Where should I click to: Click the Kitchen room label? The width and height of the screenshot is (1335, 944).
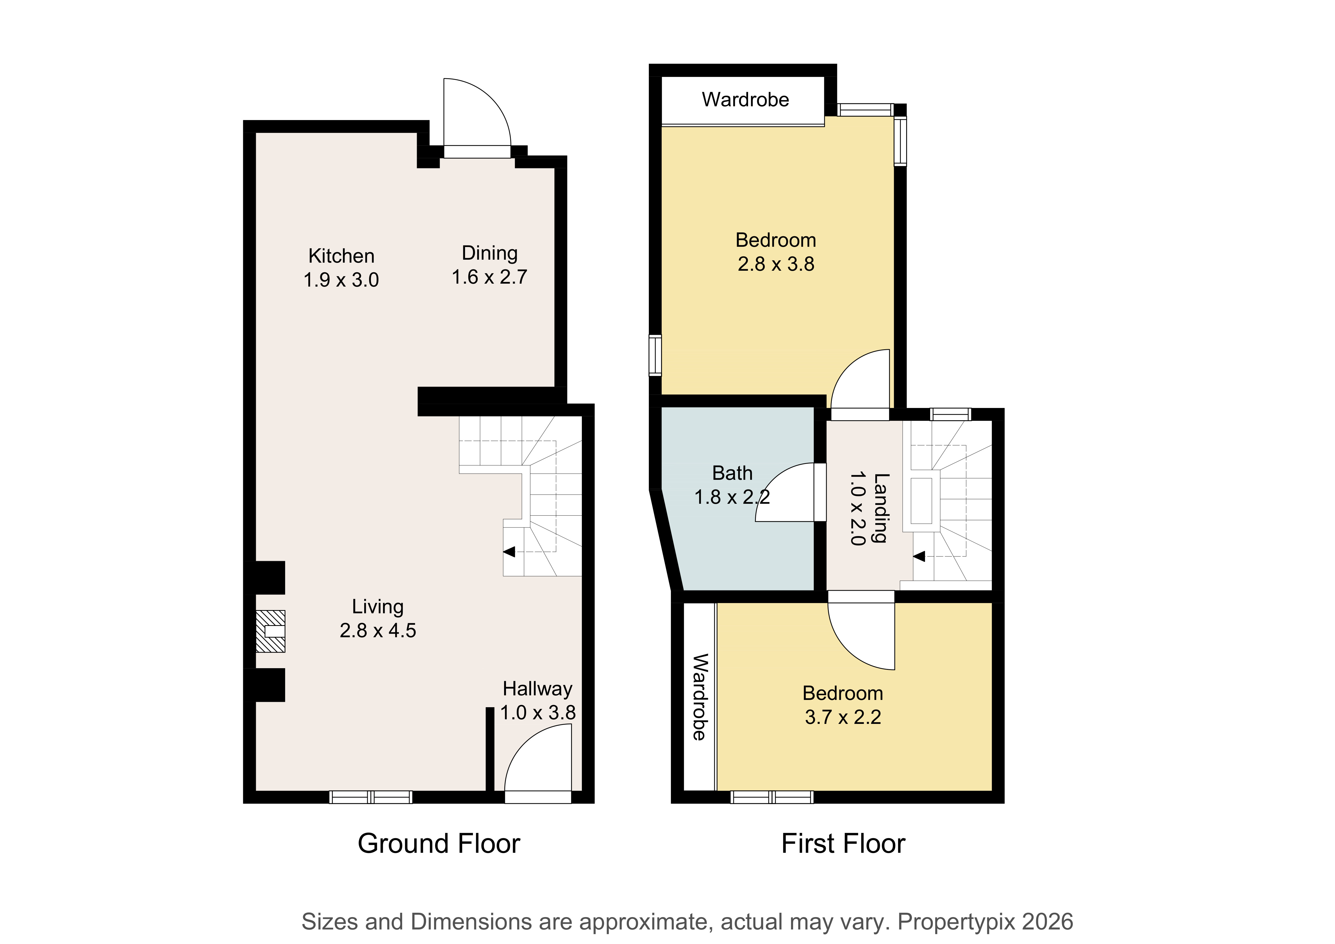point(341,256)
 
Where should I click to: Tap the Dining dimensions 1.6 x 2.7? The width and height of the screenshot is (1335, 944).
point(490,277)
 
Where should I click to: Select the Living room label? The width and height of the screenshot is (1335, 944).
point(378,607)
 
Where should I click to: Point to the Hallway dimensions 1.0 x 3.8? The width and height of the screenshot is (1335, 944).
point(538,713)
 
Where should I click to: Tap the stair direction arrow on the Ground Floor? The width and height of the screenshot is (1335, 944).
point(509,552)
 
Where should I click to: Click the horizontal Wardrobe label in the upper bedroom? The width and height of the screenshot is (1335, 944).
point(745,100)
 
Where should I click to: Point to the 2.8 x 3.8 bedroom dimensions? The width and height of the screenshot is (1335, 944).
point(776,264)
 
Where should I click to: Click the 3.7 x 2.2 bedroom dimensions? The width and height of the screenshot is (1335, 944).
point(843,717)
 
